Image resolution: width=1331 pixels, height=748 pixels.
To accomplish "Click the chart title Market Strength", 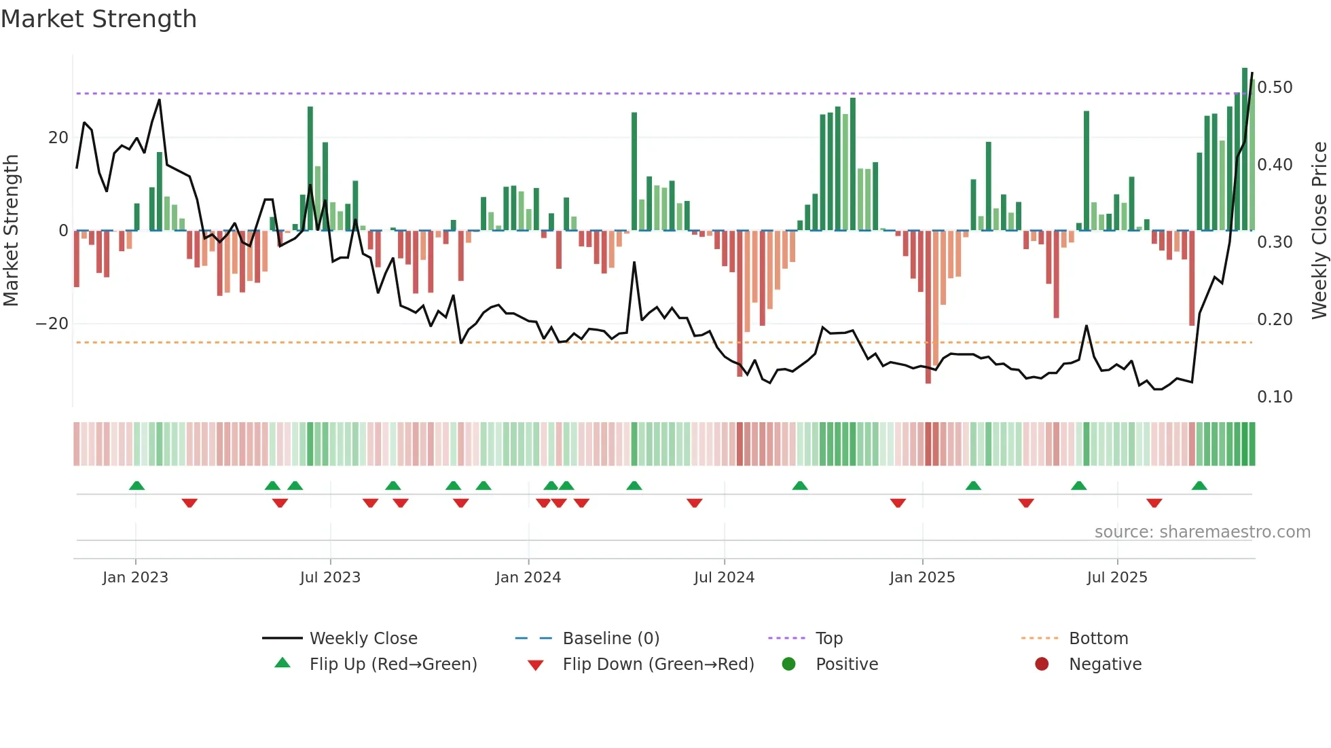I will [98, 19].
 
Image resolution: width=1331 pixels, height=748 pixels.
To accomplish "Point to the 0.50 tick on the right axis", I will [1275, 88].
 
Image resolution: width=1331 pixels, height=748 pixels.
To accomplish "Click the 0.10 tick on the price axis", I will [1275, 397].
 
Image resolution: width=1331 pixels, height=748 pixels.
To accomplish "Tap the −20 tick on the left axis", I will [52, 324].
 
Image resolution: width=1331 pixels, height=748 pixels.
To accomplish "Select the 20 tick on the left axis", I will [58, 138].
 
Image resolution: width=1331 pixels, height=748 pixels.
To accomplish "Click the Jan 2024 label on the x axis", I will [528, 578].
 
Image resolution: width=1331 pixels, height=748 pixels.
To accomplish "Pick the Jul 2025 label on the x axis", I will [1117, 578].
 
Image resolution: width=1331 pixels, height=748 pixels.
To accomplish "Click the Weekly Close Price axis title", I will [1319, 230].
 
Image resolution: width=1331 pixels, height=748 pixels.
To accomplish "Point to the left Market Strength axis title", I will [12, 230].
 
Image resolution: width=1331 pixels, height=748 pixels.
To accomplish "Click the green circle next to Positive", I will [788, 664].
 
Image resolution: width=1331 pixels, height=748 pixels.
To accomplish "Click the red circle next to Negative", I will [1042, 664].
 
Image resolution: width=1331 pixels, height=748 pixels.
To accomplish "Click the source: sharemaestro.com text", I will [1202, 532].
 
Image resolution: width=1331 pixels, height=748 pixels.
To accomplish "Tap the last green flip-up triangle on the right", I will [1199, 486].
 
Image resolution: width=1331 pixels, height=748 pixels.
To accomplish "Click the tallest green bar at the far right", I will [1245, 149].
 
